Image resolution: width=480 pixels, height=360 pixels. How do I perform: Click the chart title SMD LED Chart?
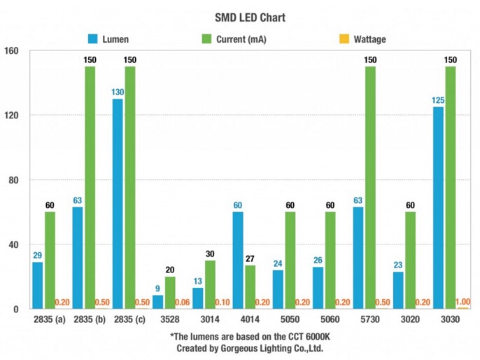point(240,17)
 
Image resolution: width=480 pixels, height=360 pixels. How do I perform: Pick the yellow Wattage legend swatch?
point(343,39)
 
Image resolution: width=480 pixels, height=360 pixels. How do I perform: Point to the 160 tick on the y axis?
point(13,51)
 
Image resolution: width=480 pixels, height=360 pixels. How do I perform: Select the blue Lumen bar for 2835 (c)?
point(118,203)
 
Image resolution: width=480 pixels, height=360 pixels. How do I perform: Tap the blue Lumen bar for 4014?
point(238,260)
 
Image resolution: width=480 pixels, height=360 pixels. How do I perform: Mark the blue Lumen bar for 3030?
point(438,207)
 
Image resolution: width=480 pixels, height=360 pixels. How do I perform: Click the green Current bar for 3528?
point(170,293)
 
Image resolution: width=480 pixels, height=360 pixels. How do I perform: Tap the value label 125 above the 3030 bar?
point(438,101)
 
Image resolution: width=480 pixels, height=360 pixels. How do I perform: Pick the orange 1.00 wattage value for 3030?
point(463,302)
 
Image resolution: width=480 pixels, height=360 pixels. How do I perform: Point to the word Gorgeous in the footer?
point(244,347)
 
